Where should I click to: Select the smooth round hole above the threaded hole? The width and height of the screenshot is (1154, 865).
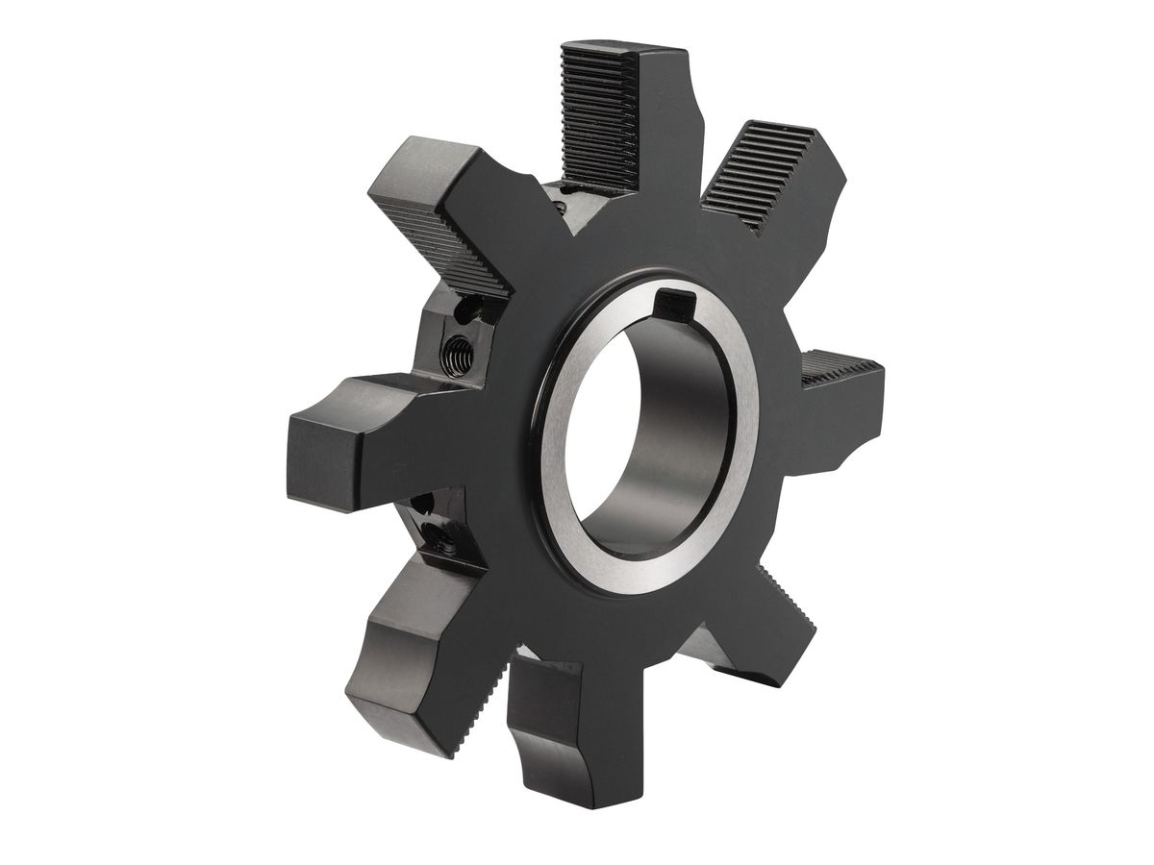(470, 309)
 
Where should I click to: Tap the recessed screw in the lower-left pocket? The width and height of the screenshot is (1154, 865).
(450, 548)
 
